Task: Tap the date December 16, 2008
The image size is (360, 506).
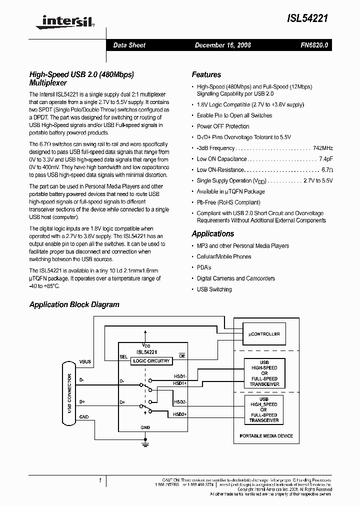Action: [222, 45]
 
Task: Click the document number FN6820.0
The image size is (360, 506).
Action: [314, 45]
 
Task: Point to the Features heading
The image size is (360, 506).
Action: [206, 74]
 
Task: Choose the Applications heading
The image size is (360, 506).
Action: [212, 234]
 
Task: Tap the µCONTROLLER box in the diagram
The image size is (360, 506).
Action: [264, 334]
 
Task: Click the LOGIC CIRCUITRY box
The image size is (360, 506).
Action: [150, 361]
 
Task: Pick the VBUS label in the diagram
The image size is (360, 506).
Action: [85, 361]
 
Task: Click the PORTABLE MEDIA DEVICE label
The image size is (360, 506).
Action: [266, 436]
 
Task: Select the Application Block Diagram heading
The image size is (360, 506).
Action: [74, 304]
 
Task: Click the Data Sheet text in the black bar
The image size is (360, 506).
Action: [129, 45]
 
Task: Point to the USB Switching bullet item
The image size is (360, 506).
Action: [214, 289]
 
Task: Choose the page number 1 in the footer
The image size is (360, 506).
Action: [100, 480]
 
